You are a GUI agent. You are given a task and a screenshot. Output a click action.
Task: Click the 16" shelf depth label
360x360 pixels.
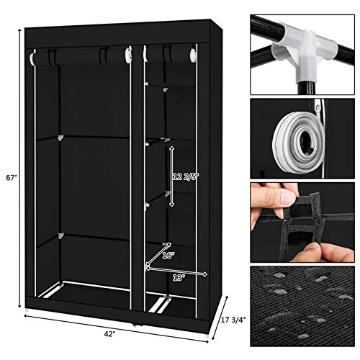(x=168, y=254)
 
